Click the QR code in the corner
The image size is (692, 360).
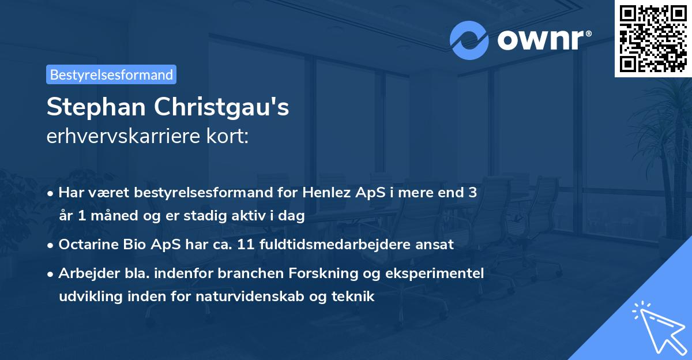pyautogui.click(x=653, y=38)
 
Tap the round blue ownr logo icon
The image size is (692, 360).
pyautogui.click(x=469, y=40)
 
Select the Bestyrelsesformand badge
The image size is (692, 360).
pyautogui.click(x=111, y=74)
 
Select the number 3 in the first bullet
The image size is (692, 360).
pyautogui.click(x=472, y=193)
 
